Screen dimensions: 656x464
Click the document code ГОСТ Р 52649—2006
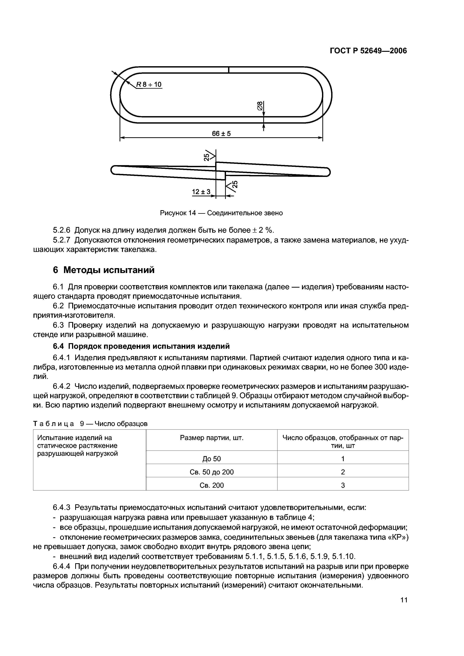(368, 51)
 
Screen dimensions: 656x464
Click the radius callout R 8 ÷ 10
(149, 85)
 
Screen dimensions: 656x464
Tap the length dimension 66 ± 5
(221, 134)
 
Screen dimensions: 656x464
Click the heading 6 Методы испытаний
(104, 270)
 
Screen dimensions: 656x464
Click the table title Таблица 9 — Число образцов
(90, 423)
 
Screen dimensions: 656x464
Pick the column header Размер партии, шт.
(212, 438)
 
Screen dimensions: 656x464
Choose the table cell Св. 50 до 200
(212, 472)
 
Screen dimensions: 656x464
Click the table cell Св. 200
(212, 485)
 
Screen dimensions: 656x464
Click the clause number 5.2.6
(62, 230)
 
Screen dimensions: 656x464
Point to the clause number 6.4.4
(62, 566)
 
